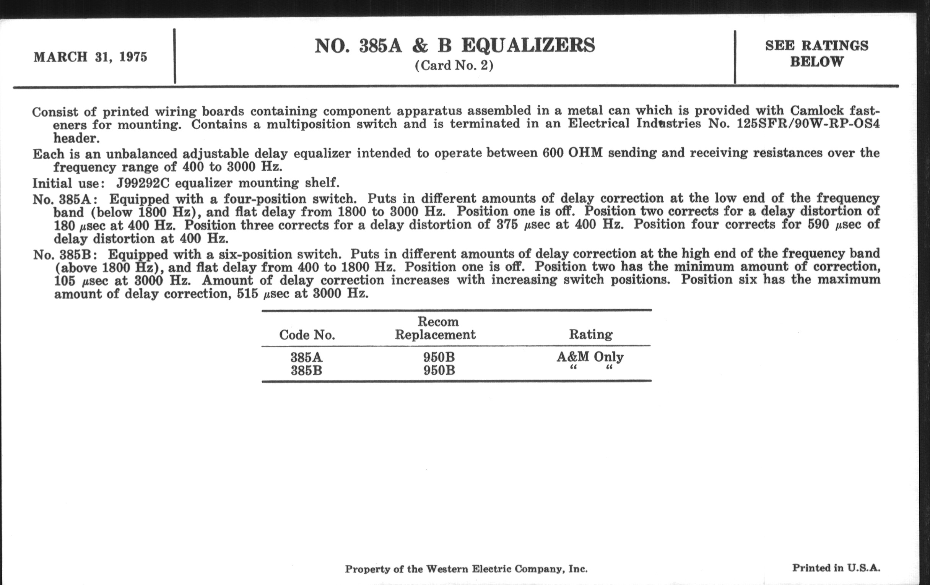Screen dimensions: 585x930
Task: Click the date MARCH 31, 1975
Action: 90,57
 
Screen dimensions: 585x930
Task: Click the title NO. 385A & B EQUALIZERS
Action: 455,45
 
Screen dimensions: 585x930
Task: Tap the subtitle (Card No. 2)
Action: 454,65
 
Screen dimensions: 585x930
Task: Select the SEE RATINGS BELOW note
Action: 816,53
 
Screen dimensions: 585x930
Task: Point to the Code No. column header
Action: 307,335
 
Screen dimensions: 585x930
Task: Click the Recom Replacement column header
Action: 435,328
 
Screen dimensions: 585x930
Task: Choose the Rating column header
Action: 590,334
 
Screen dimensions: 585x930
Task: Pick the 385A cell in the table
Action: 307,357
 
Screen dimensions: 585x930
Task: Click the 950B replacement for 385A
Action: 439,357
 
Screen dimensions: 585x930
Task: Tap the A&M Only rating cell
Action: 590,357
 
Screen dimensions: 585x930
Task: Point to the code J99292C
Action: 143,183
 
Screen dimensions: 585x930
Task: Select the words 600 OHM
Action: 572,153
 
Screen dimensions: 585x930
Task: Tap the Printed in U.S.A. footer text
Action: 836,568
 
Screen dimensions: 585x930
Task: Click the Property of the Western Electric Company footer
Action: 466,569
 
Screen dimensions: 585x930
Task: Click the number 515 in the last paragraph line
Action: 247,294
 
